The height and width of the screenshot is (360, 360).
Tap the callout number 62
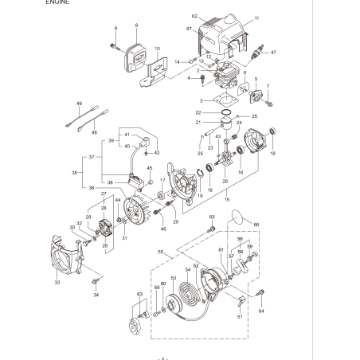point(194,16)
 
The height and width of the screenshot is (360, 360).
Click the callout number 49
point(80,103)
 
